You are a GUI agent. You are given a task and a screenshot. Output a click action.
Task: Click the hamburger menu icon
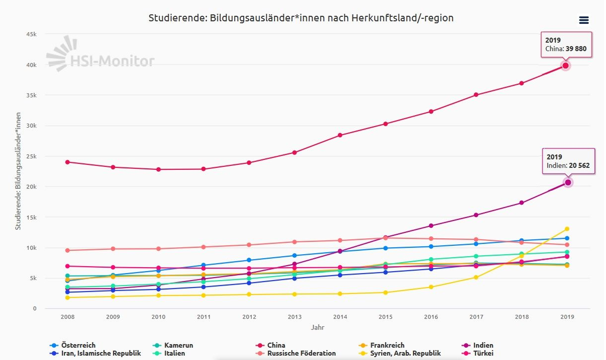[x=584, y=20]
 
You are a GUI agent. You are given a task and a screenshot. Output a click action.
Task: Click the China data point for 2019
[x=565, y=66]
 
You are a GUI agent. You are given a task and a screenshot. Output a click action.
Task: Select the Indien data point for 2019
[x=568, y=183]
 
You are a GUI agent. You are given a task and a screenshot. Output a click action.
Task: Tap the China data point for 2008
[x=67, y=162]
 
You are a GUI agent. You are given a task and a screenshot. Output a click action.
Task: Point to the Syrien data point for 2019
[x=567, y=229]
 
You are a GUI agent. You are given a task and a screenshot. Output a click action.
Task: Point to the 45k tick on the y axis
[x=31, y=34]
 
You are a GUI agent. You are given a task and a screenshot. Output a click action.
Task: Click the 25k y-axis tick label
[x=31, y=156]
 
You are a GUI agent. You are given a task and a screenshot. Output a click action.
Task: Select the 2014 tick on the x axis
[x=340, y=317]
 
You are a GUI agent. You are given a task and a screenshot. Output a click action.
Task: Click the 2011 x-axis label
[x=204, y=317]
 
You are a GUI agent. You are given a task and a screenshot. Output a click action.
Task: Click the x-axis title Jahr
[x=317, y=327]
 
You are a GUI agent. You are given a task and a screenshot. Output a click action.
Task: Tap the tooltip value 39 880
[x=576, y=49]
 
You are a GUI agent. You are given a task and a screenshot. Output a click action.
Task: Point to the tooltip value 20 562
[x=579, y=166]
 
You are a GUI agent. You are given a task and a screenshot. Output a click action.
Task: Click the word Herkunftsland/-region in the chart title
[x=402, y=18]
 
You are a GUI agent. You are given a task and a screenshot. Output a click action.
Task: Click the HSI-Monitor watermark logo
[x=101, y=56]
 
